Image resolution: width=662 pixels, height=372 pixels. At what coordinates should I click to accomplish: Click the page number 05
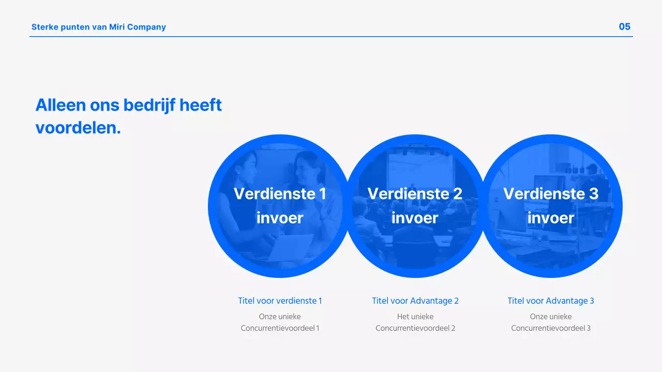coord(624,27)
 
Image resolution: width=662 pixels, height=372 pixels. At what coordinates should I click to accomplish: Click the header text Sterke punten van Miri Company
coord(98,27)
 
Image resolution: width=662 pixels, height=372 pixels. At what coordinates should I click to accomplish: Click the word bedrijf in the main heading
coord(148,105)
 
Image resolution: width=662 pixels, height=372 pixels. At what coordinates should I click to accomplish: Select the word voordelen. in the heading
coord(78,128)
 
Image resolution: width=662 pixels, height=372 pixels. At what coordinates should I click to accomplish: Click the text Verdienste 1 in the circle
coord(280,194)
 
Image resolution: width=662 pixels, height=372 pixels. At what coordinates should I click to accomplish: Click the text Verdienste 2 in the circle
coord(415,194)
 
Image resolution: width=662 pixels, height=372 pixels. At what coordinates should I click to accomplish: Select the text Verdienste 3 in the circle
coord(551,194)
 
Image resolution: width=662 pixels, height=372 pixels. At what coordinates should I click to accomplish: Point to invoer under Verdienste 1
coord(280,218)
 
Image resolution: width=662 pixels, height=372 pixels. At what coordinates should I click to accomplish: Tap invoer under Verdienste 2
coord(415,218)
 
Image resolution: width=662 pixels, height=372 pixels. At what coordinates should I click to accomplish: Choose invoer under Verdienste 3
coord(551,218)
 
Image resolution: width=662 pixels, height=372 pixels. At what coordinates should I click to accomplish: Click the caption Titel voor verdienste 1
coord(280,301)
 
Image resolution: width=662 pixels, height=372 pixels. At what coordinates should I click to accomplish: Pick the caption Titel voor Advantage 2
coord(415,301)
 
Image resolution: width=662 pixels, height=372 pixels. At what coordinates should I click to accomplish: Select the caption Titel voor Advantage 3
coord(551,301)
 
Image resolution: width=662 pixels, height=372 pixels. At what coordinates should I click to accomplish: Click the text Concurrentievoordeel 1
coord(280,328)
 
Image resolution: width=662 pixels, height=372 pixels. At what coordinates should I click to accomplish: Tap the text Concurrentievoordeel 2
coord(415,328)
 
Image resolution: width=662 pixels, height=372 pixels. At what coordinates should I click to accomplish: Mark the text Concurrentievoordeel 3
coord(551,328)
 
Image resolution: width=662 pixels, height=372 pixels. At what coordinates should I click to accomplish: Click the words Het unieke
coord(415,316)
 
